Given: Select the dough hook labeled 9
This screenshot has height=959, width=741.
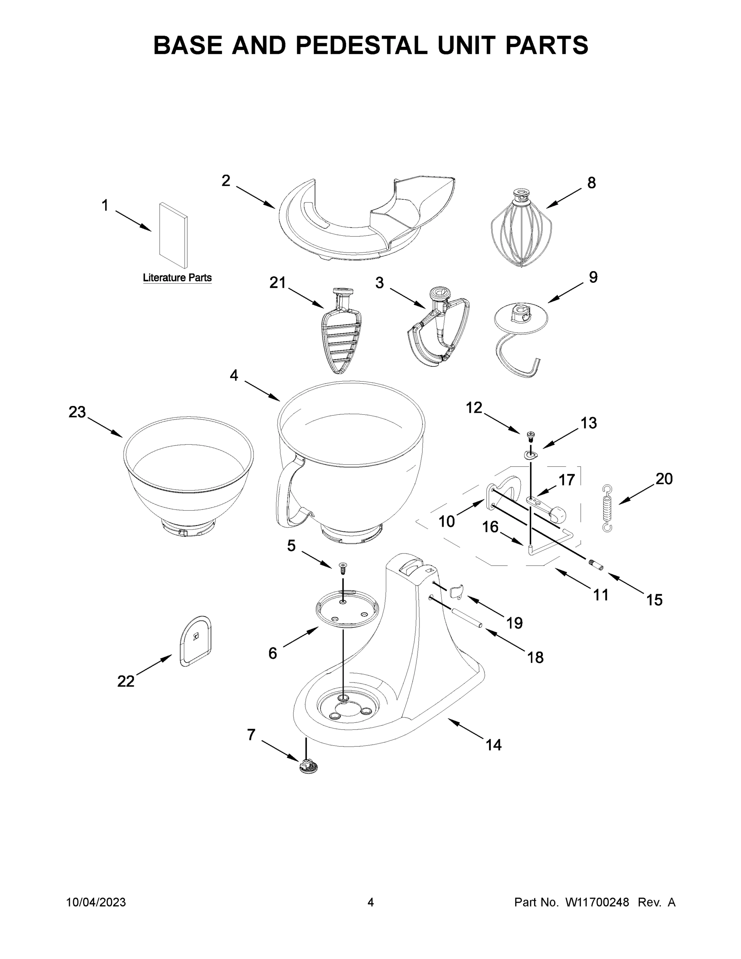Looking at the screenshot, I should point(520,338).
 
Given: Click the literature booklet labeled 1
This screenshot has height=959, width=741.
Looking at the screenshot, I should point(173,235).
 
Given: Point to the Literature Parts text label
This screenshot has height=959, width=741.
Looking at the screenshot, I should point(177,278).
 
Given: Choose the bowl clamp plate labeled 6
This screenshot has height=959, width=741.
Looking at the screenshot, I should point(346,609).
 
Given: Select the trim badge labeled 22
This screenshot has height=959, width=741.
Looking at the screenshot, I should point(196,641).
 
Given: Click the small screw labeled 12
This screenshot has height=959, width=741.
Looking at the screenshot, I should point(530,436).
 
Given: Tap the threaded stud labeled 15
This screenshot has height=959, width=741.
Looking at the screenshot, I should point(596,565).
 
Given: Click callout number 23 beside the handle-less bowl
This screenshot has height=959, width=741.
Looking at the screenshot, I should point(77,412).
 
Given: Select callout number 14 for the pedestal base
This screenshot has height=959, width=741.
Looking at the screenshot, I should point(493,745).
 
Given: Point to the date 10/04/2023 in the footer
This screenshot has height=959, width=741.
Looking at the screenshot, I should point(96,902).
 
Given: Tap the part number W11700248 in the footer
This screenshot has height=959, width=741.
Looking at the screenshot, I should point(597,902).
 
